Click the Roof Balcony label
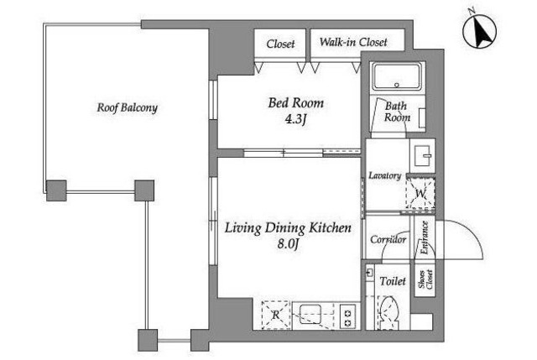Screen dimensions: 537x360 [x=127, y=107]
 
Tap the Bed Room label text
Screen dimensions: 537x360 [x=295, y=102]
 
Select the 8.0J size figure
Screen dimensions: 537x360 [x=289, y=244]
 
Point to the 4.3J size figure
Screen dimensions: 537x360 [x=295, y=119]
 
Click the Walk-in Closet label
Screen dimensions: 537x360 [x=353, y=42]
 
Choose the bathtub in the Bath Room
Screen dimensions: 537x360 [x=397, y=76]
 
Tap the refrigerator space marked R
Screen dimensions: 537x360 [x=276, y=315]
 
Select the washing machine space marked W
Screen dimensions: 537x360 [x=420, y=193]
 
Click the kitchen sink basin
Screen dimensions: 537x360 [x=310, y=314]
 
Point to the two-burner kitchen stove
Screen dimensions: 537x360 [x=348, y=317]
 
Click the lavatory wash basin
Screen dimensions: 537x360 [x=423, y=156]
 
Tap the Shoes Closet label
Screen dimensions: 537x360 [x=425, y=279]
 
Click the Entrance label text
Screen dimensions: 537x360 [x=424, y=237]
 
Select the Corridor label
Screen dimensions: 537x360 [x=388, y=239]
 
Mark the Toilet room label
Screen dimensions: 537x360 [x=393, y=281]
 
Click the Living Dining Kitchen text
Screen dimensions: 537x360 [x=288, y=227]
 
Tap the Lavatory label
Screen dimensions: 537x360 [x=384, y=175]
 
